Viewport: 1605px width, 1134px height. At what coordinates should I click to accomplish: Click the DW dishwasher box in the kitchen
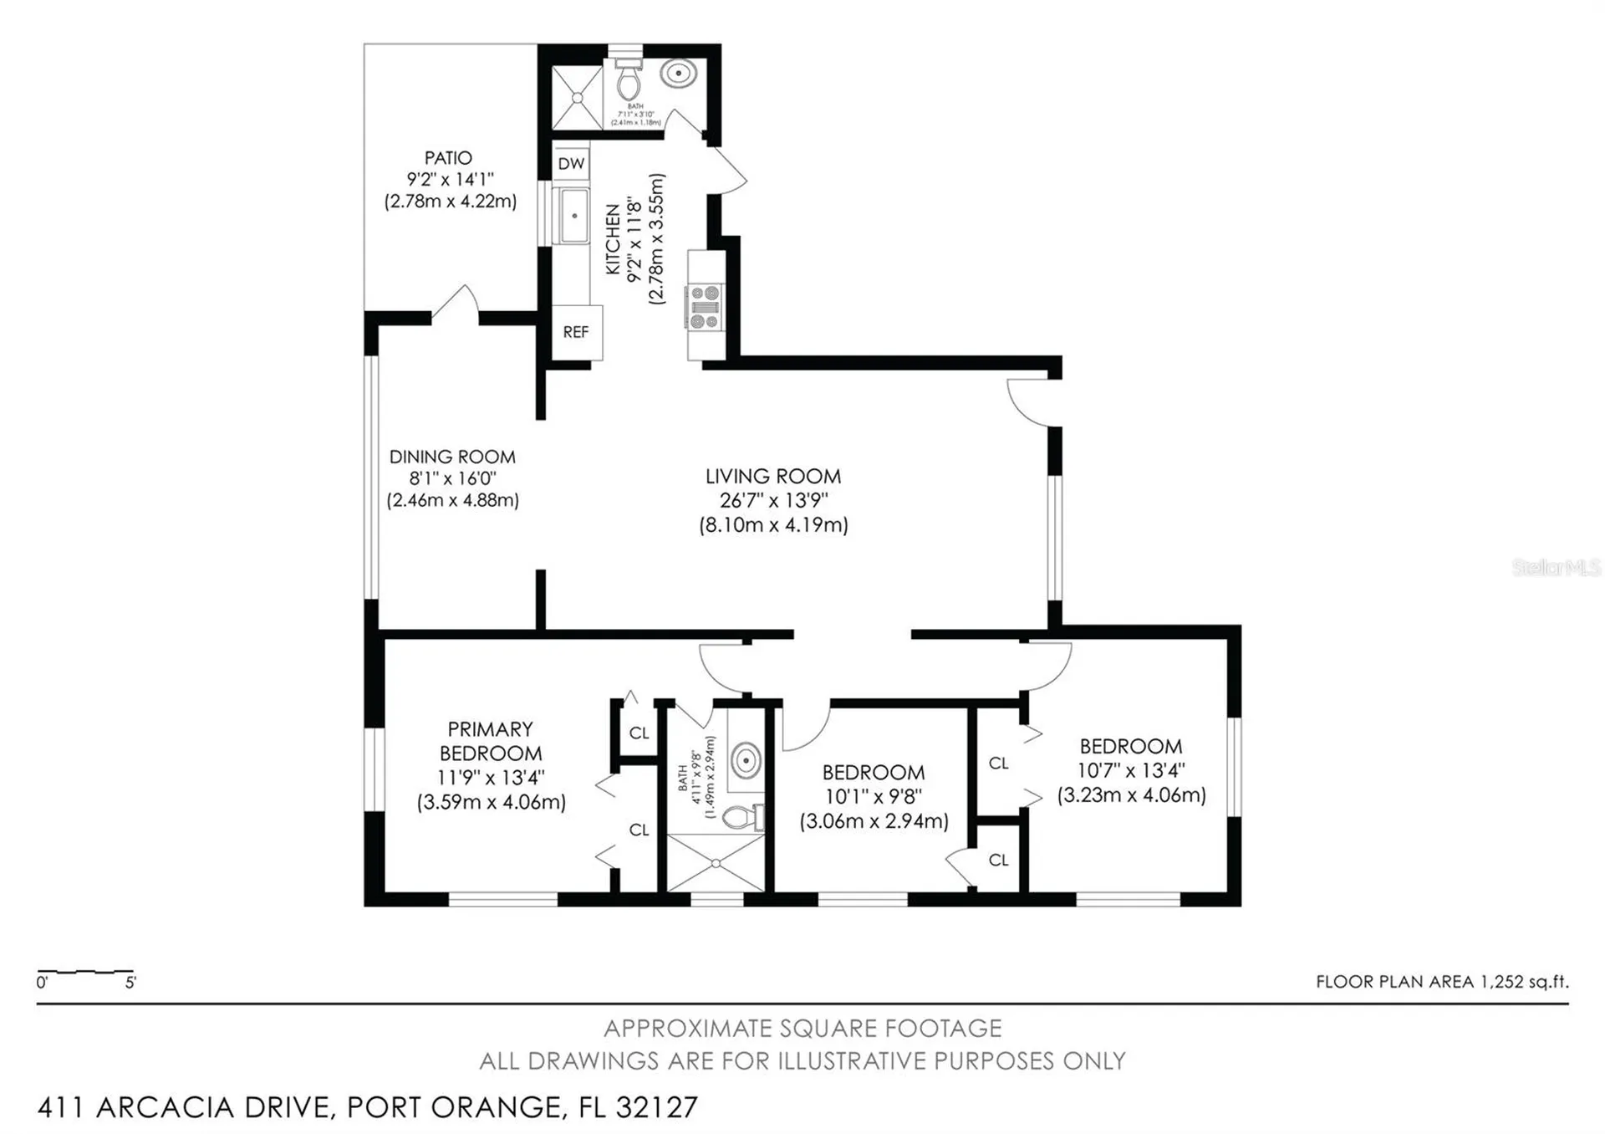pyautogui.click(x=571, y=164)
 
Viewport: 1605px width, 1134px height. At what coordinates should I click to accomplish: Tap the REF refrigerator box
pyautogui.click(x=576, y=332)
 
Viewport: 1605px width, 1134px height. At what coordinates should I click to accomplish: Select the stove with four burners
pyautogui.click(x=705, y=307)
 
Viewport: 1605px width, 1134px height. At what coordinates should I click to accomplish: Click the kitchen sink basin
pyautogui.click(x=574, y=216)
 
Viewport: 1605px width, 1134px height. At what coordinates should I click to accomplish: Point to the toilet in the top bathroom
pyautogui.click(x=628, y=80)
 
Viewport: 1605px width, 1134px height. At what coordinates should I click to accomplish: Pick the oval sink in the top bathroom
pyautogui.click(x=678, y=73)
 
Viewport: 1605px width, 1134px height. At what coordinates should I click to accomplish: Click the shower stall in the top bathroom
pyautogui.click(x=577, y=98)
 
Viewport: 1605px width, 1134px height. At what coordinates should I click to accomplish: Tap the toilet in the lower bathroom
pyautogui.click(x=741, y=815)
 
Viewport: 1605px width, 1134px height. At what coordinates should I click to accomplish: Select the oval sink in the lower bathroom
pyautogui.click(x=745, y=761)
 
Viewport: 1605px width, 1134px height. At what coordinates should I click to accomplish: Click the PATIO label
pyautogui.click(x=448, y=158)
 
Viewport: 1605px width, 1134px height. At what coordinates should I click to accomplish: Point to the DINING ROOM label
pyautogui.click(x=452, y=457)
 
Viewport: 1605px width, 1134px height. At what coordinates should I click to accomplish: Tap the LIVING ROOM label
pyautogui.click(x=773, y=477)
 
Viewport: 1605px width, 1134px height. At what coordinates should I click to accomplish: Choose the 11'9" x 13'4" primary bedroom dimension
pyautogui.click(x=491, y=778)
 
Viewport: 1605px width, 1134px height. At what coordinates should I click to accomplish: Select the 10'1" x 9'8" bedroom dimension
pyautogui.click(x=874, y=797)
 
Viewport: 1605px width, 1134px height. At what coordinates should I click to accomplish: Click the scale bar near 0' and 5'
pyautogui.click(x=85, y=973)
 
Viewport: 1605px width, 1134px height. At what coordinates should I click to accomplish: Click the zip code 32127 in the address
pyautogui.click(x=656, y=1107)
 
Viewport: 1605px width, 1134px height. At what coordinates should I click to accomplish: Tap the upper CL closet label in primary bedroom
pyautogui.click(x=639, y=733)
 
